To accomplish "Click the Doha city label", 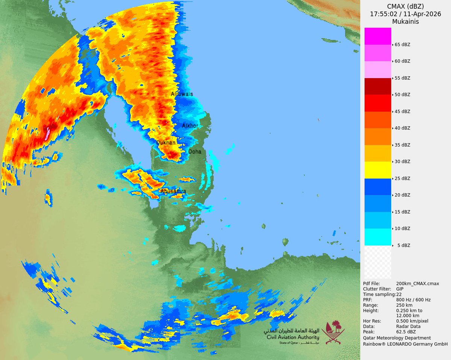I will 195,152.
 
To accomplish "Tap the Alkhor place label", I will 190,126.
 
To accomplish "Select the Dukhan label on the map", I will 166,143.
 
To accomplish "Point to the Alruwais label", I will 182,94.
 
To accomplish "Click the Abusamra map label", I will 173,191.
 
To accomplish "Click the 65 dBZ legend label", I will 402,44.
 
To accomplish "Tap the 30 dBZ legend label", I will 402,162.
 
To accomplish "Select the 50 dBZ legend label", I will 402,95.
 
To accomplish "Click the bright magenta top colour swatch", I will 378,36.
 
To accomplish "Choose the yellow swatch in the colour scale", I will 378,170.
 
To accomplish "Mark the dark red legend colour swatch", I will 378,86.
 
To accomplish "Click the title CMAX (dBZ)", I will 405,6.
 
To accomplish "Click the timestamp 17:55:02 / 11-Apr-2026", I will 405,14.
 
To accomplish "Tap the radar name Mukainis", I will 405,22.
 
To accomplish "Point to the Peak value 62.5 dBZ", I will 406,332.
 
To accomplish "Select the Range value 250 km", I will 404,305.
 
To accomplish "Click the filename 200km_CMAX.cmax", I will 418,284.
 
